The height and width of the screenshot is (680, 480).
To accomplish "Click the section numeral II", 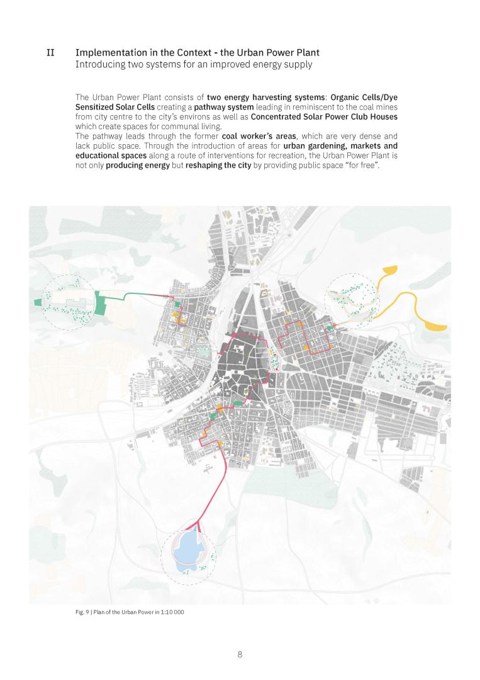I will point(50,52).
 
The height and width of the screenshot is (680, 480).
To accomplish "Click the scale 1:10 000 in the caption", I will point(171,612).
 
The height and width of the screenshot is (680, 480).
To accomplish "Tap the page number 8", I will point(240,654).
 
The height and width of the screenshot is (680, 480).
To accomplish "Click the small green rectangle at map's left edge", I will point(37,303).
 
